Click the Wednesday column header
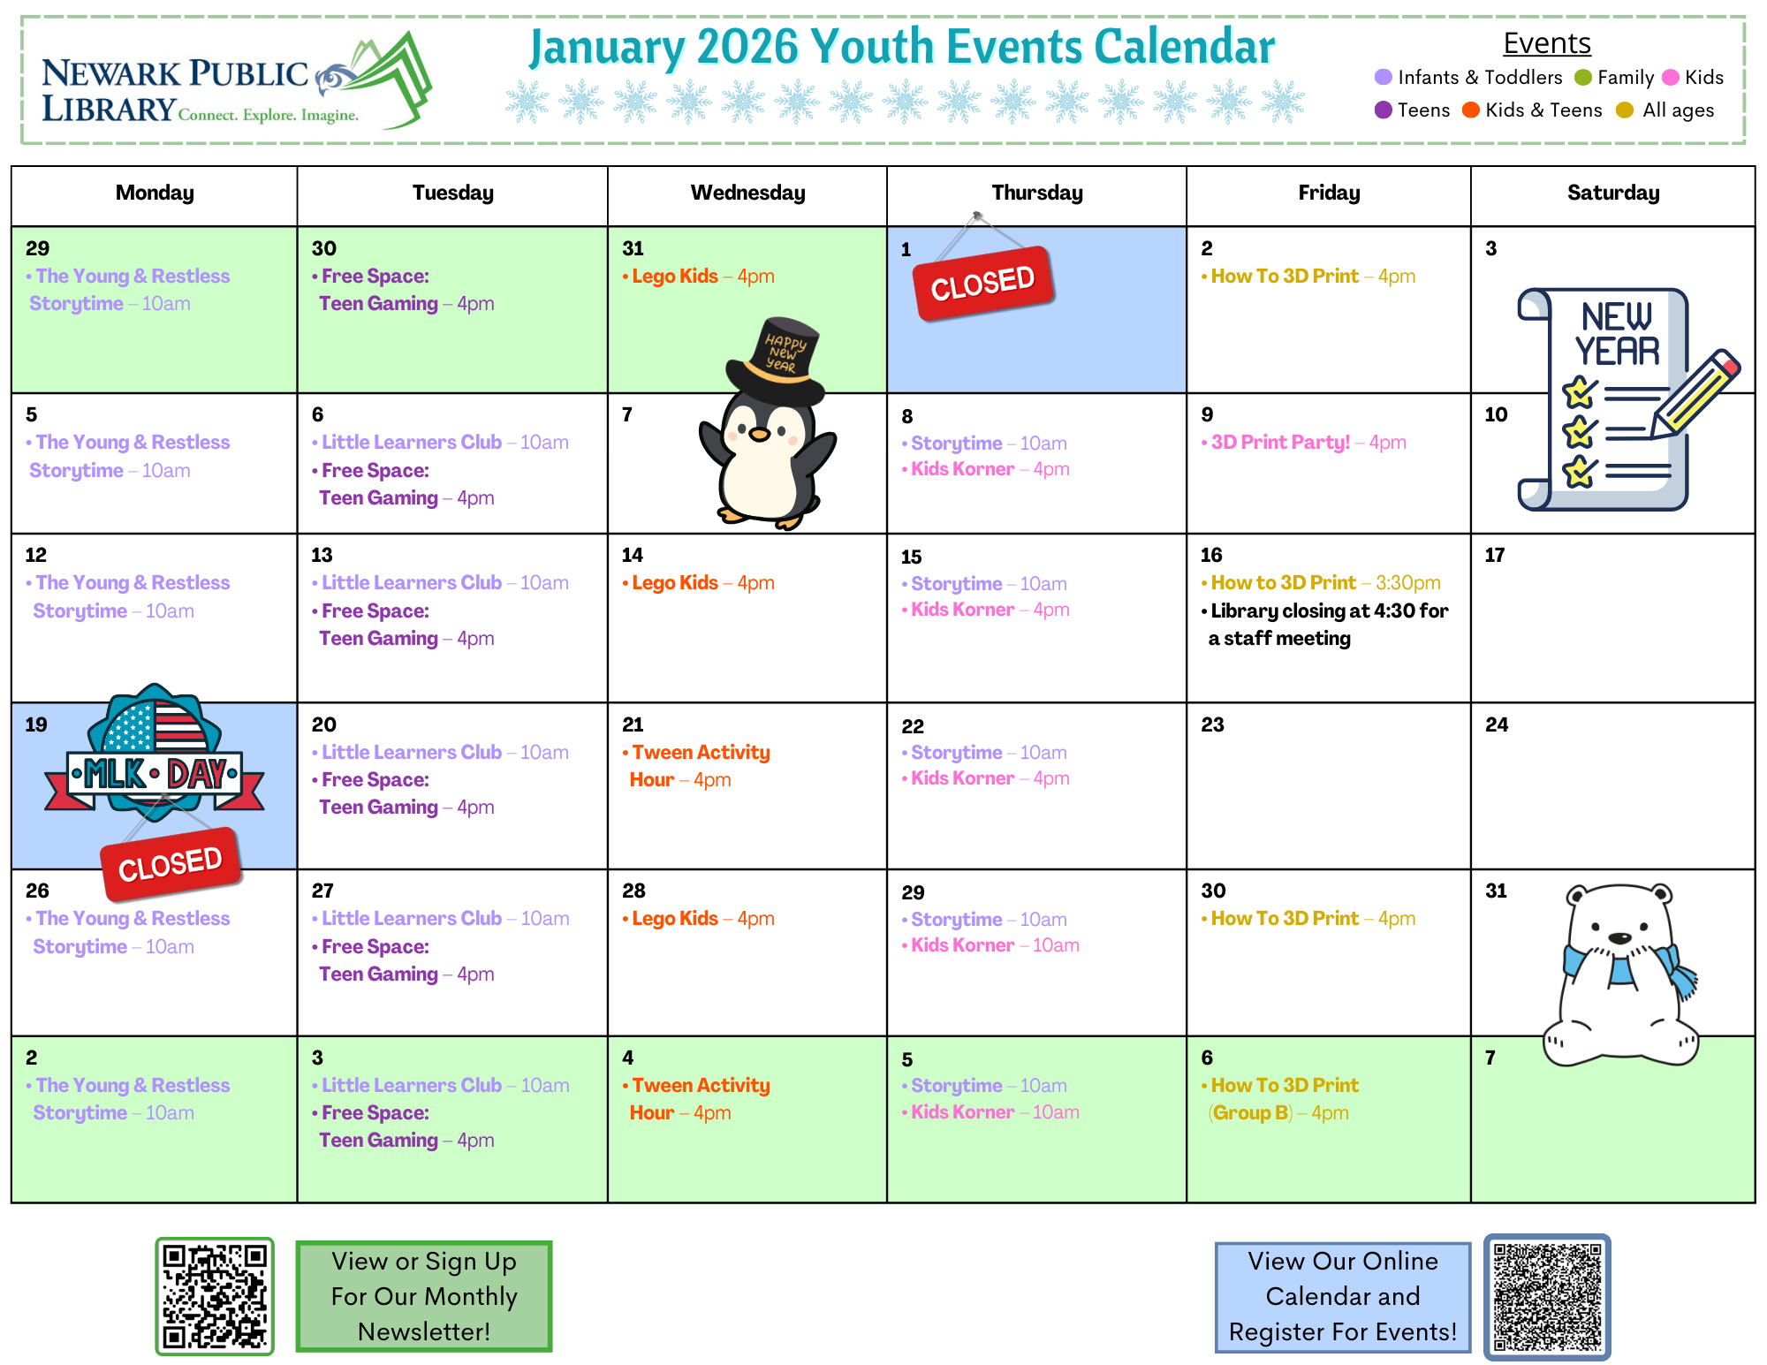[747, 193]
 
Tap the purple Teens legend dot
[1384, 110]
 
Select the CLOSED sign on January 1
[983, 283]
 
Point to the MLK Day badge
[155, 751]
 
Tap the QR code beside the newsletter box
[215, 1296]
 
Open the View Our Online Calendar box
[1343, 1296]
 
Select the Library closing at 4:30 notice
[1325, 625]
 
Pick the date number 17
[1495, 555]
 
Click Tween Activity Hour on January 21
[698, 766]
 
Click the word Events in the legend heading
[1547, 42]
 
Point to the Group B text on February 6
[1250, 1113]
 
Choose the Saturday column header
[1613, 193]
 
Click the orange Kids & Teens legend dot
[1471, 110]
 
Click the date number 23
[1213, 724]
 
